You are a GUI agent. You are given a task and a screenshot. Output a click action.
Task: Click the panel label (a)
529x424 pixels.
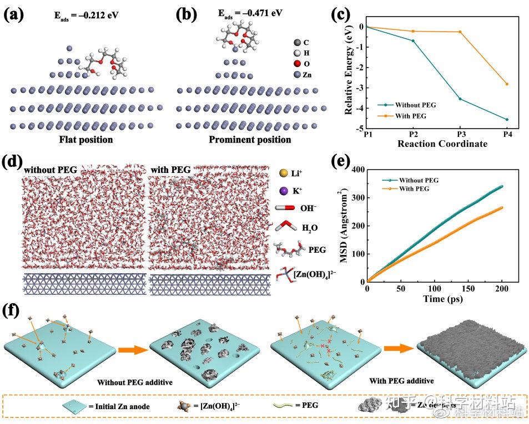[14, 14]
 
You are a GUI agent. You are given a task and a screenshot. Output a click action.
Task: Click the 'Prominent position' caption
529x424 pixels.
[249, 139]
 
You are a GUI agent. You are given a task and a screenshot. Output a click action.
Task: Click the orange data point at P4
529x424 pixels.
[506, 84]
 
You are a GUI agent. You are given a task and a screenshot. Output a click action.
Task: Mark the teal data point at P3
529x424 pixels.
[460, 99]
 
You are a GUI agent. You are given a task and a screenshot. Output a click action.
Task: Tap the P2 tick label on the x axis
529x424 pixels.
[413, 135]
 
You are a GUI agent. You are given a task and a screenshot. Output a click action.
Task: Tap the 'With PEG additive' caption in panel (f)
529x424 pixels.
[401, 381]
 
